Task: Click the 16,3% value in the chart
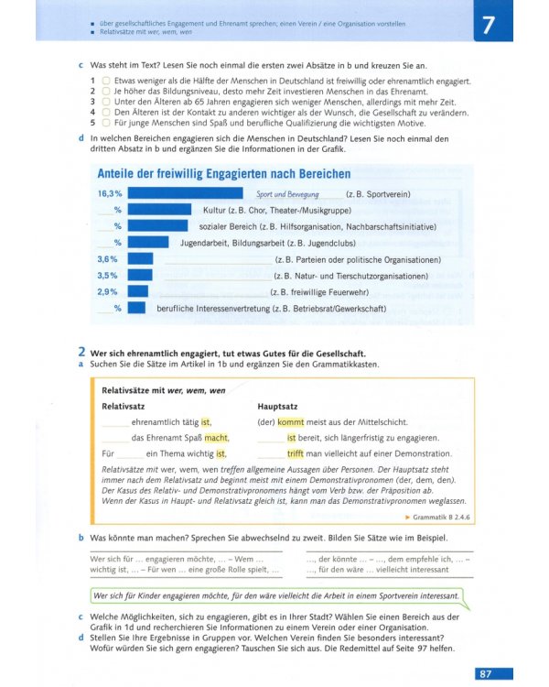109,194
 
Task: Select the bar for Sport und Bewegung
185,194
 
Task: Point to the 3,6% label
107,259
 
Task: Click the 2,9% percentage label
107,291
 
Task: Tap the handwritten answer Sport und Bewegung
287,195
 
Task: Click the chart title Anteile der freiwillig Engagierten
223,174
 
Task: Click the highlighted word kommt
290,422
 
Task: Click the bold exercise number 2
81,353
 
